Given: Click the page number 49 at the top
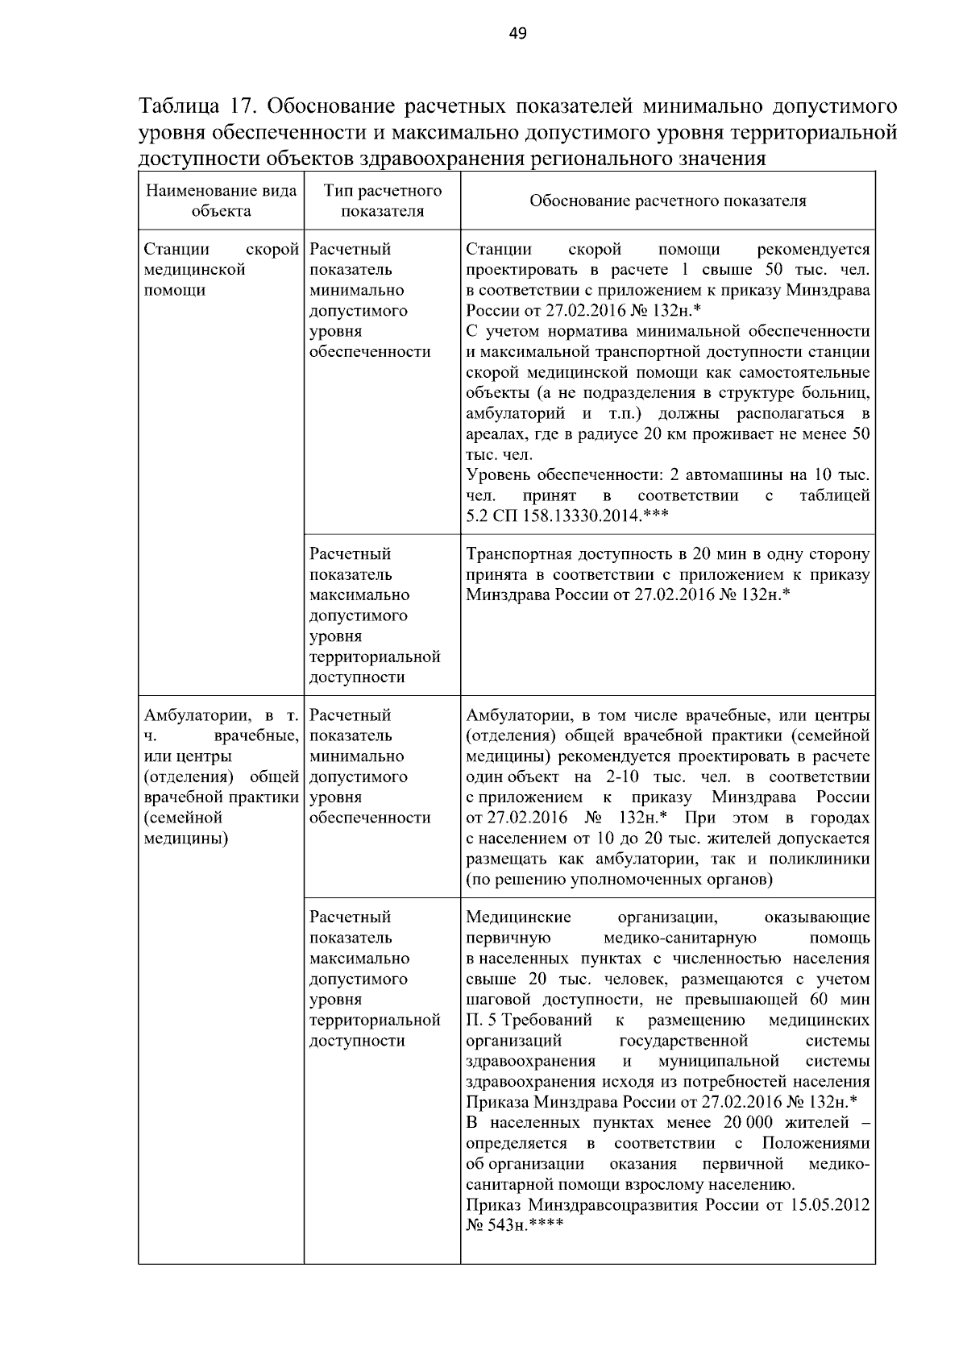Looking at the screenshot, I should tap(517, 33).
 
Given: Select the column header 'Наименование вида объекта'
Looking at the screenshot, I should tap(221, 201).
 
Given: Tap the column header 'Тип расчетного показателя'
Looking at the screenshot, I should tap(382, 201).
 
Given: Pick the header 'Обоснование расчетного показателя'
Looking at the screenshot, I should tap(667, 201).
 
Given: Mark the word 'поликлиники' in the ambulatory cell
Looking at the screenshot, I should tap(824, 859).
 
